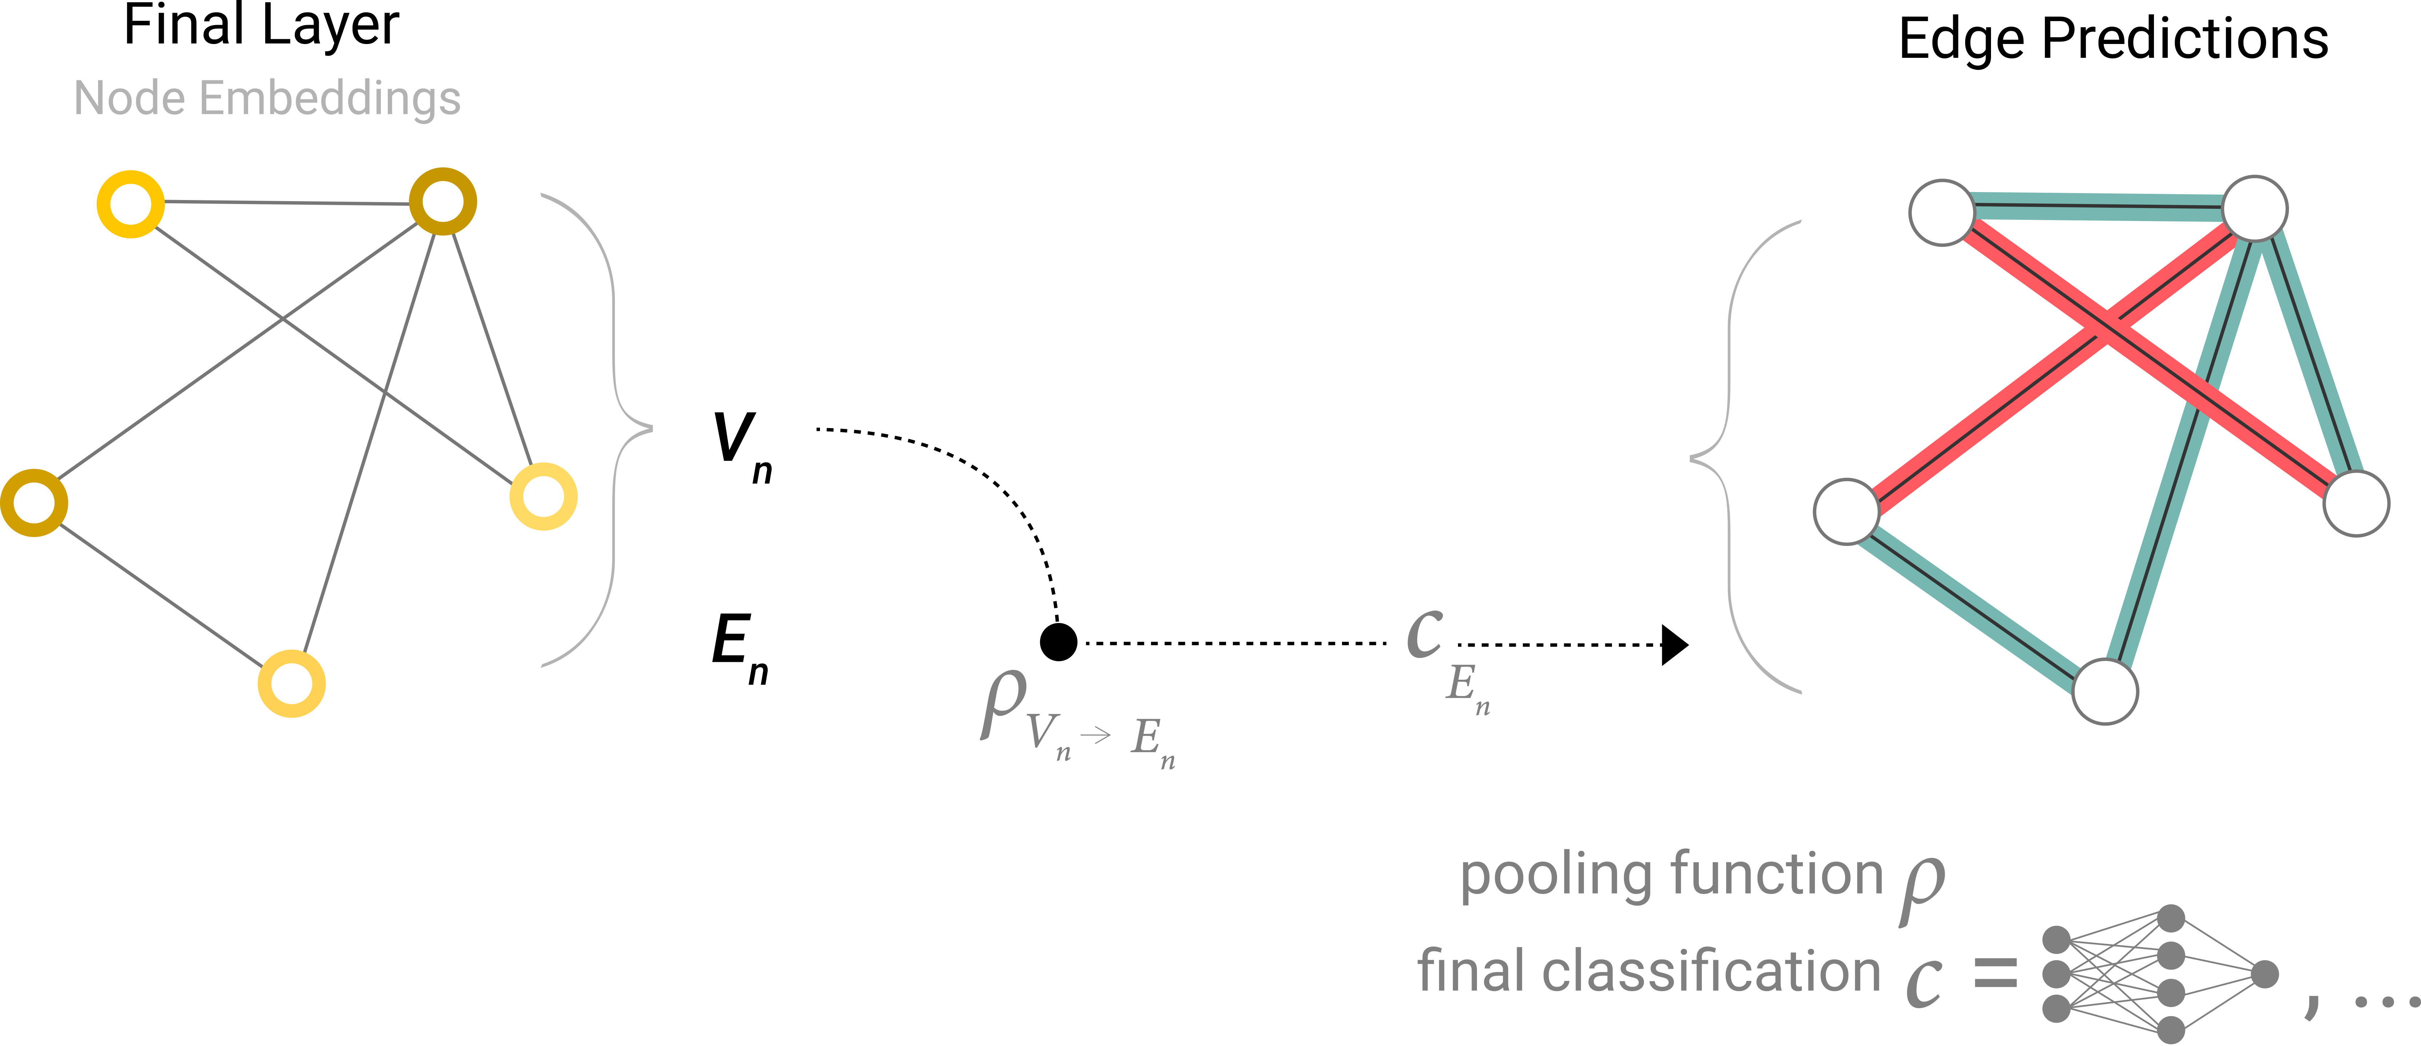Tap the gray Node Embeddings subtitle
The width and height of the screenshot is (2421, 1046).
(x=267, y=99)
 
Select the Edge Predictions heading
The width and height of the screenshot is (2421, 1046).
(x=2113, y=40)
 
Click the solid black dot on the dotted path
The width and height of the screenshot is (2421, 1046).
(x=1058, y=643)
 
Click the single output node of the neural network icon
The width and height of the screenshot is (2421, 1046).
(x=2265, y=975)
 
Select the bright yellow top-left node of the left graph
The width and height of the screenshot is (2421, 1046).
(x=131, y=204)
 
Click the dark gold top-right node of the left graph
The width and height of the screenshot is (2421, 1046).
(x=443, y=201)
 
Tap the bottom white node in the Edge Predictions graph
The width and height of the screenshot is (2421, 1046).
(x=2105, y=692)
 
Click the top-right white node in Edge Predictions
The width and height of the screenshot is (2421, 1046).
(x=2255, y=209)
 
